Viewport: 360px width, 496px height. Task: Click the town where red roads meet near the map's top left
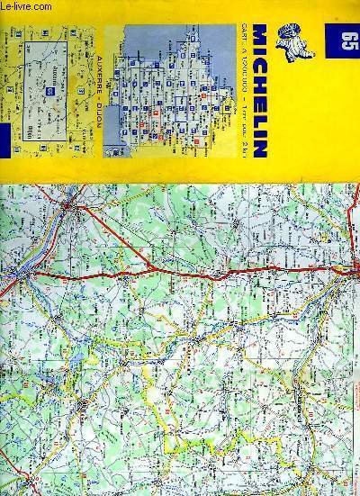pos(72,208)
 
